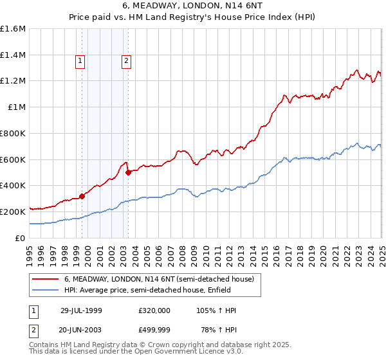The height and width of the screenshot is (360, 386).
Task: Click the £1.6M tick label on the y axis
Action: [13, 29]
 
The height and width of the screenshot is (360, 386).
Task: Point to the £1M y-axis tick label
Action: [17, 107]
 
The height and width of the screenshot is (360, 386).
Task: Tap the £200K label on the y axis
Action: [13, 212]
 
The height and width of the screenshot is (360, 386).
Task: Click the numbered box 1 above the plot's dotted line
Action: [80, 62]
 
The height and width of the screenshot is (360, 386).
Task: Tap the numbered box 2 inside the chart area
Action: [126, 62]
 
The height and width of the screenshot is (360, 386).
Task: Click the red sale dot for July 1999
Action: [82, 196]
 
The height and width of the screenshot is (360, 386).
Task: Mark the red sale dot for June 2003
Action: [129, 172]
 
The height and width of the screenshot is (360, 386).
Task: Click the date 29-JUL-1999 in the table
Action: [81, 310]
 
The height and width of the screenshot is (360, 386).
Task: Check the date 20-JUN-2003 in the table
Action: [81, 330]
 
